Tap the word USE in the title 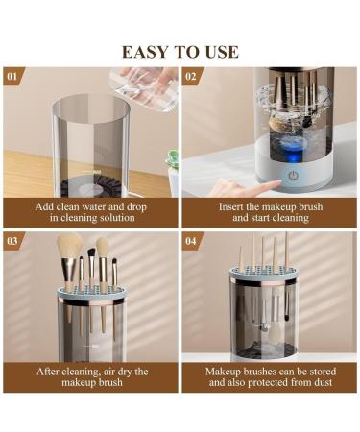[x=220, y=52]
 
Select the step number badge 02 [x=191, y=74]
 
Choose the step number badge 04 [x=191, y=239]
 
